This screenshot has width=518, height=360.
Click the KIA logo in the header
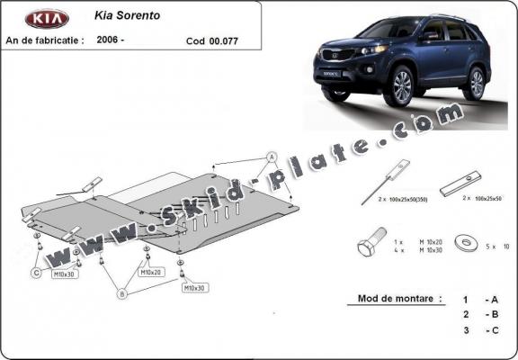pyautogui.click(x=47, y=19)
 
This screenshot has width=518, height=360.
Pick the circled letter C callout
pyautogui.click(x=36, y=273)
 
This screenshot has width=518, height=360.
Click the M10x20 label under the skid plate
pyautogui.click(x=151, y=271)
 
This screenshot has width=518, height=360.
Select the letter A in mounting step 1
pyautogui.click(x=493, y=298)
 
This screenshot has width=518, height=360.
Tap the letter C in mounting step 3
pyautogui.click(x=493, y=330)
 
